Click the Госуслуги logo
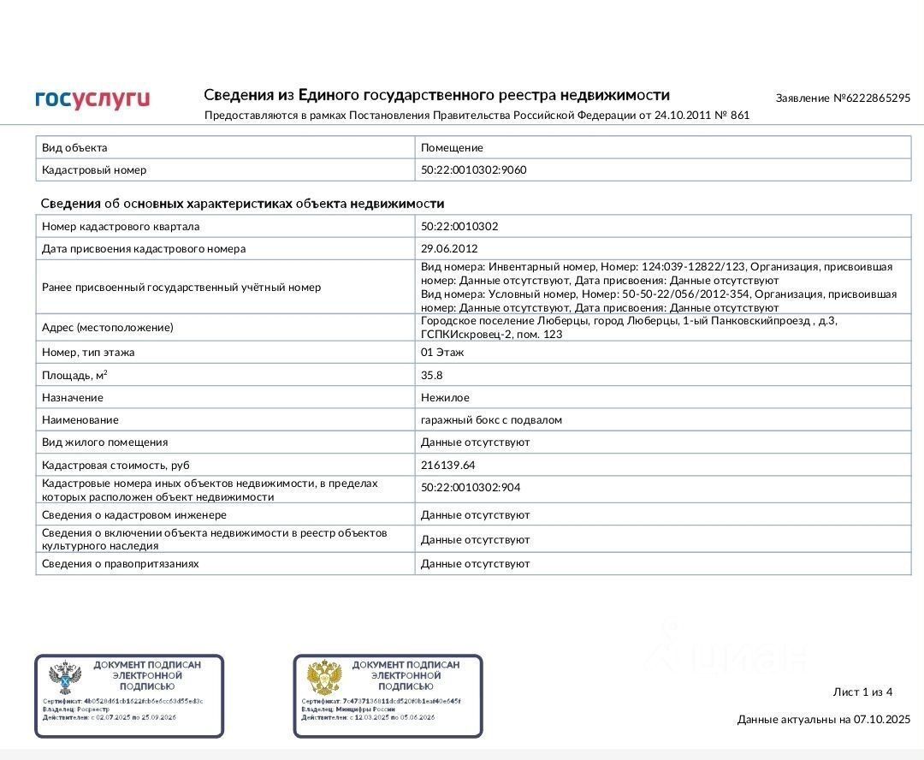(x=92, y=99)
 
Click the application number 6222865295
(x=878, y=98)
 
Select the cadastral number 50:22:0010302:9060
(x=474, y=170)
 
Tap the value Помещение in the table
(x=452, y=148)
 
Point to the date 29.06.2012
(x=449, y=249)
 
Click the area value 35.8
(x=432, y=375)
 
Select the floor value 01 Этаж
(x=442, y=353)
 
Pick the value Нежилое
(x=445, y=398)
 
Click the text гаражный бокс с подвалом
(x=491, y=420)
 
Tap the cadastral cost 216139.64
(x=448, y=466)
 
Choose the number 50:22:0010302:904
(x=471, y=488)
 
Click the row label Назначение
(x=73, y=398)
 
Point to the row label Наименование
(x=80, y=420)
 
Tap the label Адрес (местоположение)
(x=108, y=328)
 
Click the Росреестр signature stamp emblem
(x=65, y=679)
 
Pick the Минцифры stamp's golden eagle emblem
(x=324, y=678)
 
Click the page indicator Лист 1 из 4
(x=862, y=692)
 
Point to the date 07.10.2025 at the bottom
(x=882, y=720)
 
